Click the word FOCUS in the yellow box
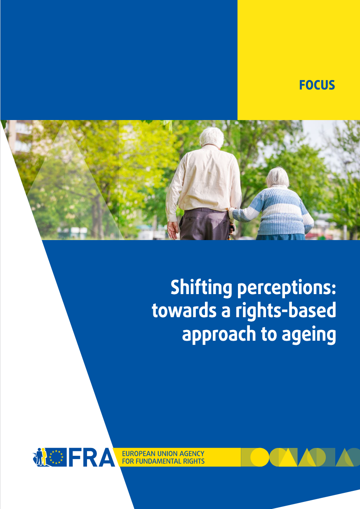(317, 85)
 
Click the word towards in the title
(184, 311)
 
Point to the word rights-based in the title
(285, 311)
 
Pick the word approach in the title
(219, 335)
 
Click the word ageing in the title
(309, 335)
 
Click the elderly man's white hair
(212, 137)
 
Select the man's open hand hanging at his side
(173, 230)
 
